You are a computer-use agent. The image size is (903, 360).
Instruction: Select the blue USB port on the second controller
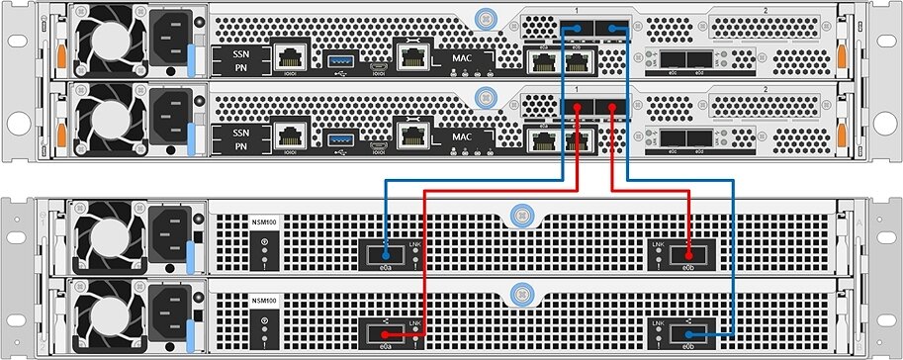(340, 135)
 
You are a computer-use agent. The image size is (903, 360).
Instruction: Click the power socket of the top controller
(164, 43)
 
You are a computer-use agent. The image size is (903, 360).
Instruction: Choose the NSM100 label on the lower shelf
(263, 302)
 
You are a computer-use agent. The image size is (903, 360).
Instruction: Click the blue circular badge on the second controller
(483, 95)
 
